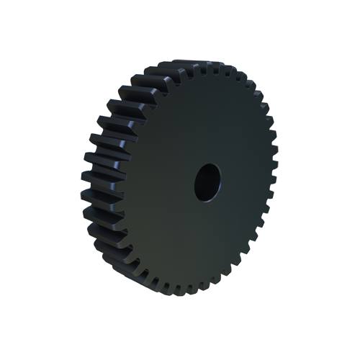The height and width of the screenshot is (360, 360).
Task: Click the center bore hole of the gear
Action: click(207, 182)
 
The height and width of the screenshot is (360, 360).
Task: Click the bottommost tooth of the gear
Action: click(189, 292)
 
